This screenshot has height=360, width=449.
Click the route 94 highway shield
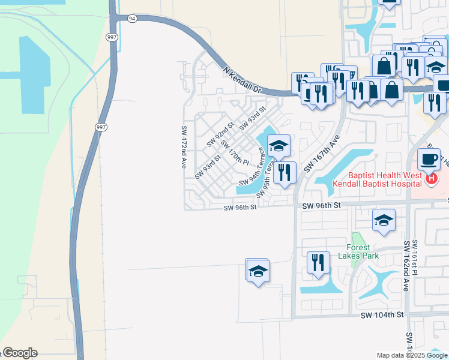click(x=132, y=19)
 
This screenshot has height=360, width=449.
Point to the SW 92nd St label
click(x=220, y=135)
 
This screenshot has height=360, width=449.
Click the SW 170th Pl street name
click(x=234, y=153)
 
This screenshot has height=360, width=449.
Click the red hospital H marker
click(x=430, y=178)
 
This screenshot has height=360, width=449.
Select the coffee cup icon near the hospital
click(x=429, y=159)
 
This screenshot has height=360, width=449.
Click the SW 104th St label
click(x=383, y=315)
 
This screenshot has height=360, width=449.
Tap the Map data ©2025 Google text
click(x=412, y=355)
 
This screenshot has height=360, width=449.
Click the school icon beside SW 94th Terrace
click(x=279, y=145)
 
